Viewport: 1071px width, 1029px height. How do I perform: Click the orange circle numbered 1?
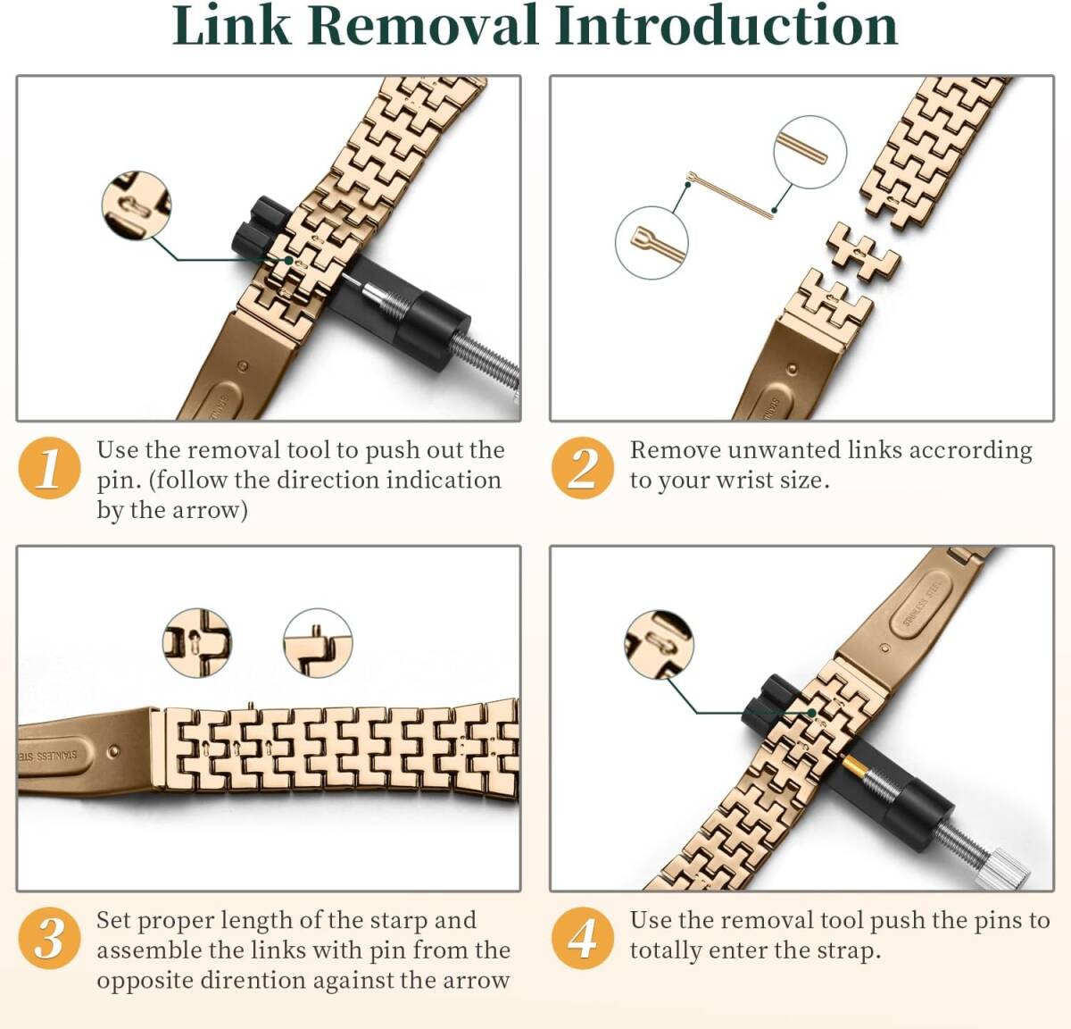point(49,468)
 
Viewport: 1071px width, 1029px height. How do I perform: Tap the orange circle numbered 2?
point(583,468)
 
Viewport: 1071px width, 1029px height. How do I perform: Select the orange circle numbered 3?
point(49,938)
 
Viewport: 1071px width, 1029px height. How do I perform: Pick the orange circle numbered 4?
point(583,938)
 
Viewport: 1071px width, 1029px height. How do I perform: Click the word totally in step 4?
point(666,951)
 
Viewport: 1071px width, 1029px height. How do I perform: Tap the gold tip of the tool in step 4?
point(855,765)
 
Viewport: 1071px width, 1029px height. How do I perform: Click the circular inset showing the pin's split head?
point(652,242)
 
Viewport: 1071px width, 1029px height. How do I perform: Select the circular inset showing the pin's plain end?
point(809,152)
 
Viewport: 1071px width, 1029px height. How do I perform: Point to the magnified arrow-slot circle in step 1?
point(137,205)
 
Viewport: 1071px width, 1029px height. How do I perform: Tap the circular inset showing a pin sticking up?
point(318,643)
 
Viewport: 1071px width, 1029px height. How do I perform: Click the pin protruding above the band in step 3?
point(251,707)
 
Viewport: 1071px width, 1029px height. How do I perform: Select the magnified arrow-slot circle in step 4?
point(659,645)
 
